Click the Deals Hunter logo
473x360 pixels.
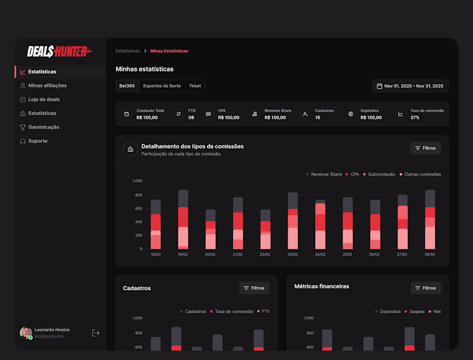(x=60, y=52)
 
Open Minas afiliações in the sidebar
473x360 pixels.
(x=47, y=86)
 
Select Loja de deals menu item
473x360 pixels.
(x=44, y=99)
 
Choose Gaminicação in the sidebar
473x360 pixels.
(x=44, y=127)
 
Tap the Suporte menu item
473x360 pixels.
(x=38, y=141)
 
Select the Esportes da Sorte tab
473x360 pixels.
(x=162, y=86)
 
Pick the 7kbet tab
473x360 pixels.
(x=195, y=86)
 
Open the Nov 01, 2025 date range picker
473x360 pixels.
(x=410, y=86)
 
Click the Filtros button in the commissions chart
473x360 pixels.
(x=425, y=148)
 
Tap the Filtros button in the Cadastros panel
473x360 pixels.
(x=254, y=288)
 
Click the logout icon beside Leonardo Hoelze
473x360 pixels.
(x=96, y=333)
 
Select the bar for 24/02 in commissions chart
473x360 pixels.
(x=320, y=225)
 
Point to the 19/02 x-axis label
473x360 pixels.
(x=183, y=255)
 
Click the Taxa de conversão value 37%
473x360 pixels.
(x=415, y=118)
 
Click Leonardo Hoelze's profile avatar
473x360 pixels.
(x=25, y=333)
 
